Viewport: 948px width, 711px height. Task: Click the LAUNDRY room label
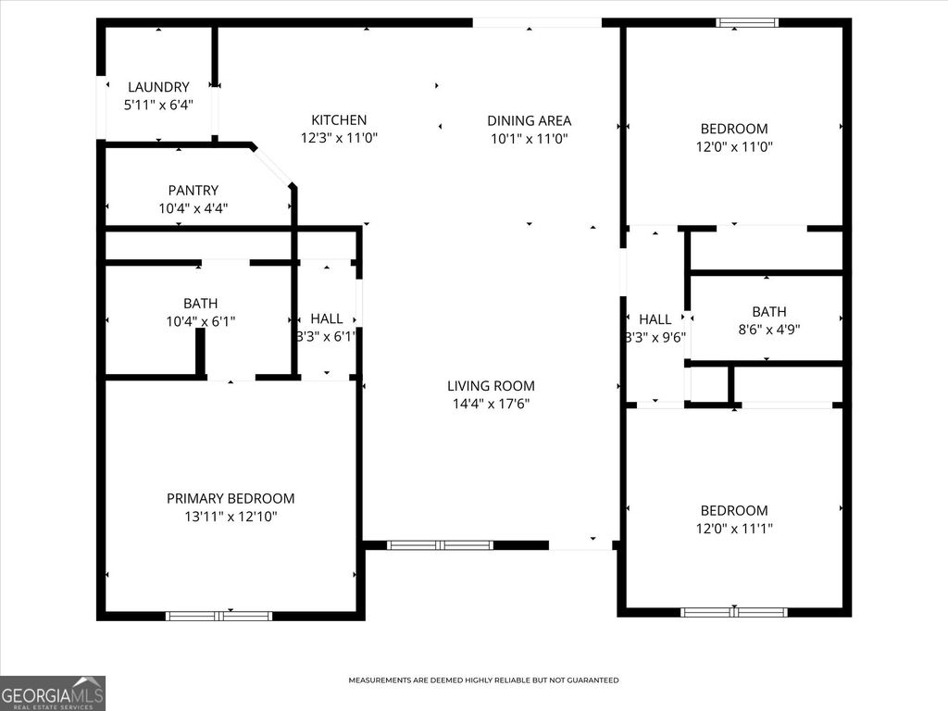pos(158,87)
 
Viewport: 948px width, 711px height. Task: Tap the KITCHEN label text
pos(339,120)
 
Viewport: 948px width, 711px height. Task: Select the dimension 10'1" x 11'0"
pos(529,139)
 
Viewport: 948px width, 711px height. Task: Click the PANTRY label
pos(193,191)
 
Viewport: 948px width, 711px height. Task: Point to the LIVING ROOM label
pos(491,386)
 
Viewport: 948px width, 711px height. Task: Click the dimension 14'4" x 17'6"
pos(491,404)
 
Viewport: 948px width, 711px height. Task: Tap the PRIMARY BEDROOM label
pos(231,498)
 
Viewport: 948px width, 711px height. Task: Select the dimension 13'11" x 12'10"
pos(231,516)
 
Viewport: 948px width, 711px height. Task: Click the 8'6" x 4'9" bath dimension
pos(768,330)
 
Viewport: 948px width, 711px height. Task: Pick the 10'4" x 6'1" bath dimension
pos(200,321)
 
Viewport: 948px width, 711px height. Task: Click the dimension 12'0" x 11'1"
pos(734,528)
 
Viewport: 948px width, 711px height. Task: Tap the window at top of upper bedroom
pos(747,22)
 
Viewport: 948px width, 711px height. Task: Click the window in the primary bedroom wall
pos(218,616)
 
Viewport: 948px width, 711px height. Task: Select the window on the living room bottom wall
pos(440,545)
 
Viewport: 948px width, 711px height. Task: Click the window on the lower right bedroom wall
pos(733,612)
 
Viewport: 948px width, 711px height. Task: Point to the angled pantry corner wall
pos(274,166)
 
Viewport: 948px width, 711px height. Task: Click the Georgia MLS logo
pos(53,692)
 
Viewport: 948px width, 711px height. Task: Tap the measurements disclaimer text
pos(483,680)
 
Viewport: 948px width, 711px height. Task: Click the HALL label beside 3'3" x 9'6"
pos(655,319)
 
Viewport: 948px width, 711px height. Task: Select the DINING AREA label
pos(529,120)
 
